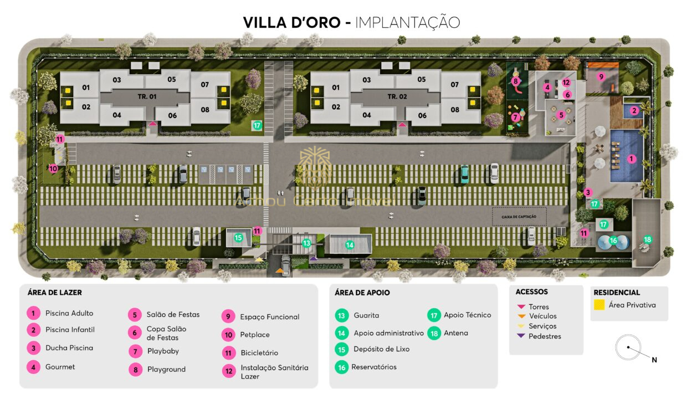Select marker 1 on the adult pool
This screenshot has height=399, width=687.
point(631,158)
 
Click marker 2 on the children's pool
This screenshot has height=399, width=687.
point(634,110)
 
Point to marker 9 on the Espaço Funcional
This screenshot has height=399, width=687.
point(601,76)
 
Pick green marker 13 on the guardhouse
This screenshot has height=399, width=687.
point(306,243)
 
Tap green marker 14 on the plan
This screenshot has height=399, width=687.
point(350,244)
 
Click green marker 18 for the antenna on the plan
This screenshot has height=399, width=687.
point(647,239)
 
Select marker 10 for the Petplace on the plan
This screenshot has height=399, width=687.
point(53,168)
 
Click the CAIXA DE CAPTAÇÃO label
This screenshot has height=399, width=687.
point(519,217)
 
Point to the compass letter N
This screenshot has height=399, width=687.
point(654,360)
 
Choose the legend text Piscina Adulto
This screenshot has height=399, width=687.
point(69,313)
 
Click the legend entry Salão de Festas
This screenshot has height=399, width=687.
point(173,314)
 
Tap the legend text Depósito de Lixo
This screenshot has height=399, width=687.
point(381,349)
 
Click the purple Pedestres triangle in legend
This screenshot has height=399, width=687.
point(521,336)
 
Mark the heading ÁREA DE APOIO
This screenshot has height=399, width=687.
point(362,293)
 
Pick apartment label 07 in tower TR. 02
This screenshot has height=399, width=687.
point(454,85)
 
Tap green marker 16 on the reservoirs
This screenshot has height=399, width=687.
point(613,241)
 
